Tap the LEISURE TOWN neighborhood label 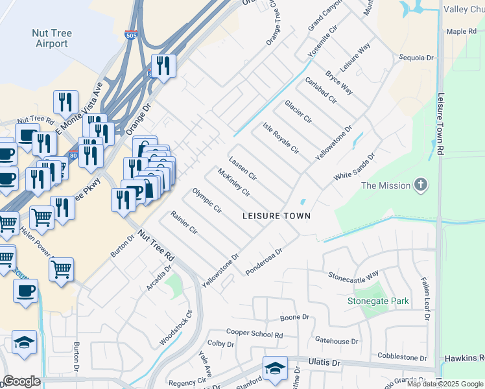[276, 215]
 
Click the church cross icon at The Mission [421, 185]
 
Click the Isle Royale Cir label [281, 137]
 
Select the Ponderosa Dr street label [265, 261]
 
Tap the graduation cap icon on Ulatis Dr [275, 368]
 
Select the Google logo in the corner [21, 381]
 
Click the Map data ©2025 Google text [445, 384]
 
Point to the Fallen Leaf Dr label [425, 297]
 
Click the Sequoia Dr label [416, 58]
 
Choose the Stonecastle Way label [353, 276]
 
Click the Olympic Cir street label [207, 201]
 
